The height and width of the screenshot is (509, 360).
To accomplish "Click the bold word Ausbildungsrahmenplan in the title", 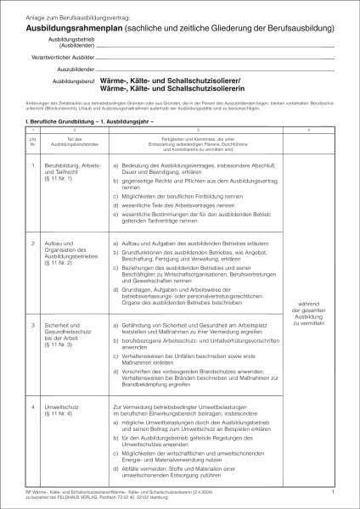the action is click(x=63, y=27).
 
